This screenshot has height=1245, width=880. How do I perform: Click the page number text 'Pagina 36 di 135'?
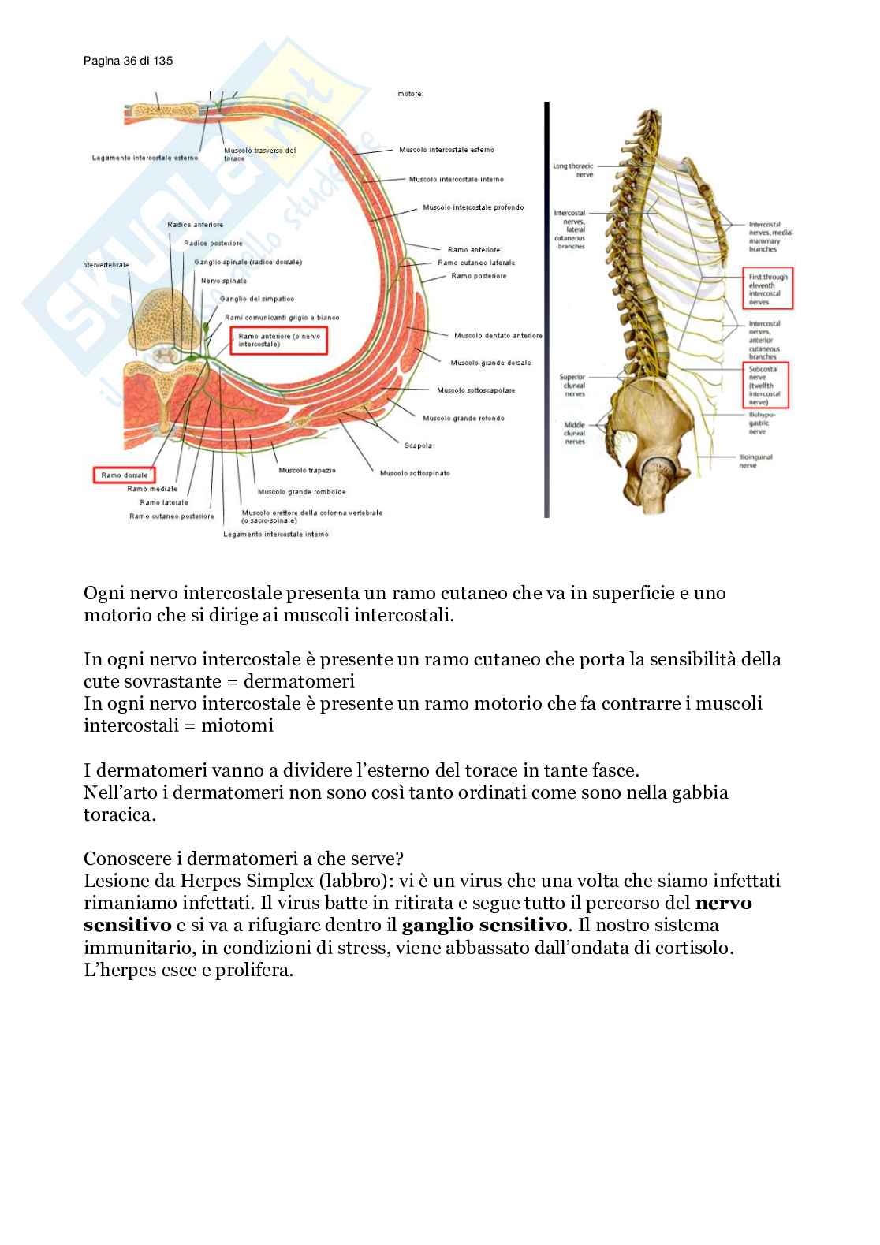pos(128,61)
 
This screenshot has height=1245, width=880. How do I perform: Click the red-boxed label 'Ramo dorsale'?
pos(124,475)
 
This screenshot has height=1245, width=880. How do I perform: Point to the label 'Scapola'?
pos(418,445)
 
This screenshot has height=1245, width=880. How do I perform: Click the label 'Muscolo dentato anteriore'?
pos(498,336)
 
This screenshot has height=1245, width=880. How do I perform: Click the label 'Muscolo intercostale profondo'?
pos(472,208)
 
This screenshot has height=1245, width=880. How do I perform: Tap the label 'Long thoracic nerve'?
pos(573,170)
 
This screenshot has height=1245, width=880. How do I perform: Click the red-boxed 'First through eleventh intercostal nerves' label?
pos(768,289)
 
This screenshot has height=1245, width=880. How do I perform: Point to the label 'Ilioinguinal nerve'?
pos(755,461)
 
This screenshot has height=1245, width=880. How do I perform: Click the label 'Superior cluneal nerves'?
pos(573,386)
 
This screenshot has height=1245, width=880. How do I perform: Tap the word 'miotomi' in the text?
pos(237,725)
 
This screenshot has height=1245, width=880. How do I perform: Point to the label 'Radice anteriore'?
pos(195,225)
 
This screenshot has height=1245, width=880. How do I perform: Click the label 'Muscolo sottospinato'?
pos(415,473)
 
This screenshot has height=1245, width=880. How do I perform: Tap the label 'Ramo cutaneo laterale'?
pos(476,263)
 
